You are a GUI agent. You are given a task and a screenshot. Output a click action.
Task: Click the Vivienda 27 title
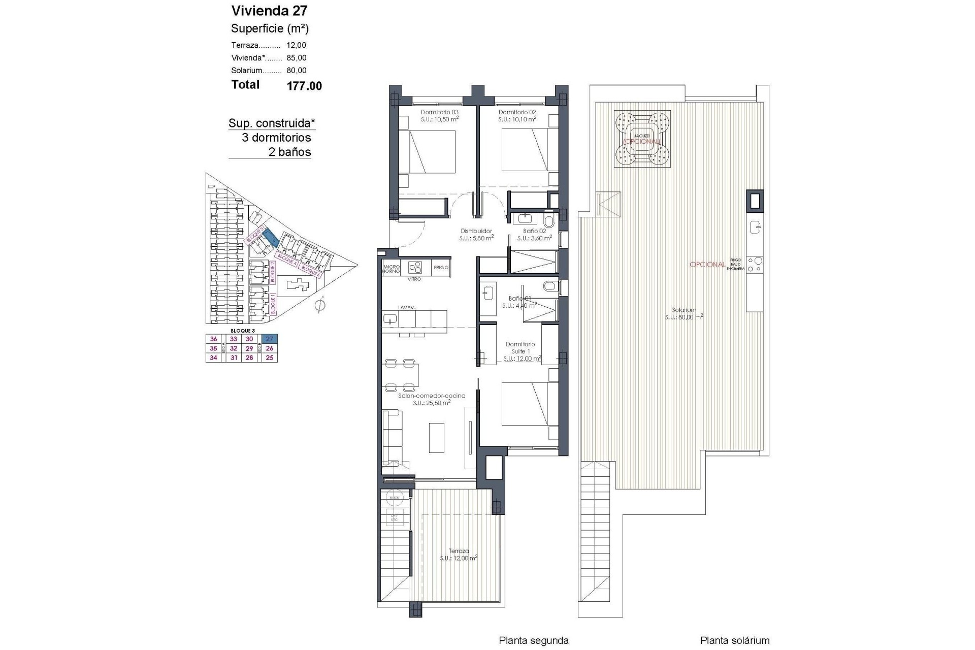click(x=269, y=11)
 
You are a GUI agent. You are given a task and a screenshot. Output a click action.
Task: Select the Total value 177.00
click(x=304, y=86)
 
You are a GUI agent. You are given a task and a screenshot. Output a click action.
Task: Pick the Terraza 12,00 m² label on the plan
click(x=459, y=554)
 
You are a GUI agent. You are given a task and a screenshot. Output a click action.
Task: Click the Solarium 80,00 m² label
click(x=684, y=313)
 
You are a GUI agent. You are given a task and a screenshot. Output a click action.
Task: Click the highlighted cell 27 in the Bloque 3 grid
click(x=270, y=339)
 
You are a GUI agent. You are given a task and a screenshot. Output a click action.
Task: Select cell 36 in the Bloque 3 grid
click(x=213, y=339)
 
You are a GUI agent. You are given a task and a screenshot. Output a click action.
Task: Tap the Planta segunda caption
click(x=533, y=641)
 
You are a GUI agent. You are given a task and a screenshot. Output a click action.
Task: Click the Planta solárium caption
click(x=734, y=641)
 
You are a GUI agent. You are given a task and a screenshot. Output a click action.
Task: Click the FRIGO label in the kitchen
click(x=441, y=268)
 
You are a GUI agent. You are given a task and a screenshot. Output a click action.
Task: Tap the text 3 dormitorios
click(x=276, y=138)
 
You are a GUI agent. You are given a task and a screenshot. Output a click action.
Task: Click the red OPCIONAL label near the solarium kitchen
click(x=707, y=265)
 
